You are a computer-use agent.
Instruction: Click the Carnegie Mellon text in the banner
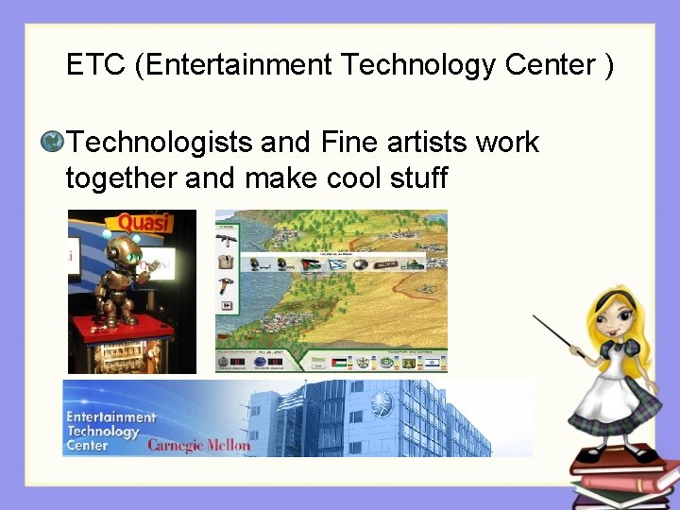pyautogui.click(x=199, y=444)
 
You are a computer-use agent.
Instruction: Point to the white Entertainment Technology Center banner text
pyautogui.click(x=110, y=431)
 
